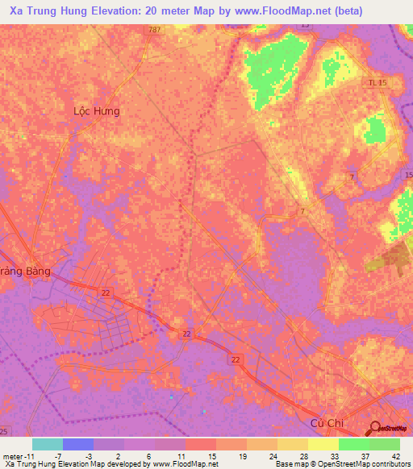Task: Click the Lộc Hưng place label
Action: point(96,111)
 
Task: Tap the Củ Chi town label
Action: point(327,422)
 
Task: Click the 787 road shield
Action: point(153,29)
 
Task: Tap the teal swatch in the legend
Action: point(48,444)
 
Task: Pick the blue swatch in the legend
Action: point(78,444)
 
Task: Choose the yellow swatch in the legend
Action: point(323,444)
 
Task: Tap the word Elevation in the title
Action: point(122,11)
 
